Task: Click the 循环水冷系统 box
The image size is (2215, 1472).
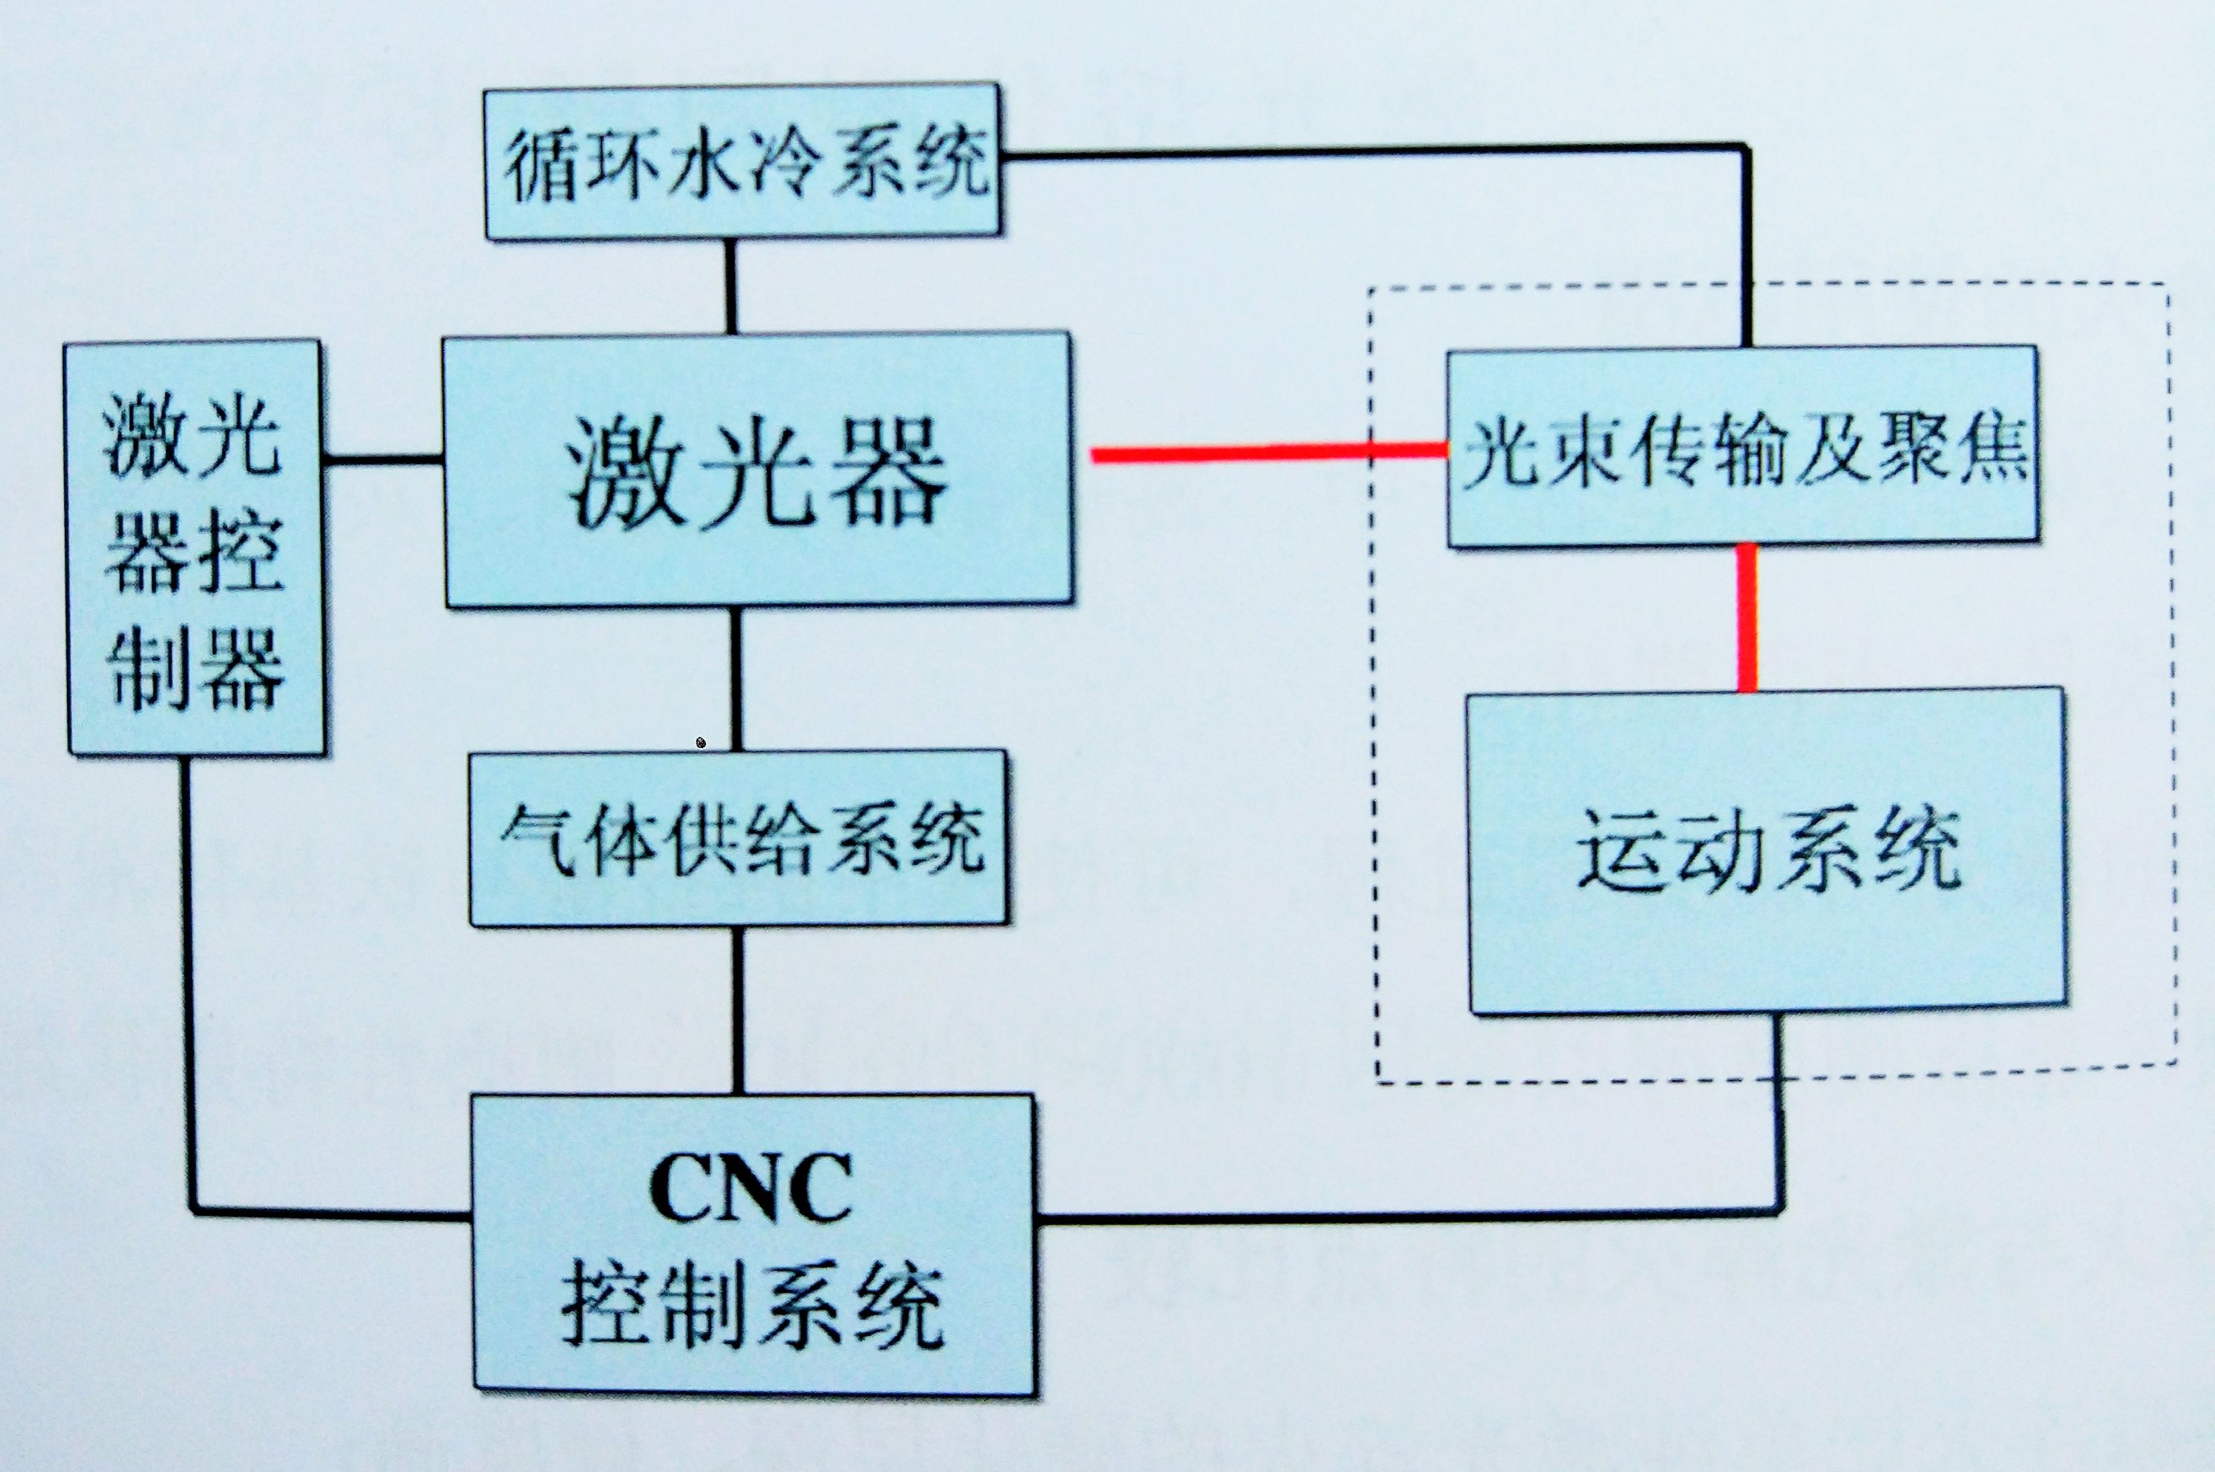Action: coord(741,161)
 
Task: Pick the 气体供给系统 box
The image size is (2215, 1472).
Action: coord(739,838)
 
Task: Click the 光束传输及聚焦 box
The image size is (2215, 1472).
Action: coord(1743,447)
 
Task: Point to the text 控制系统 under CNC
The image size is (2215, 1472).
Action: coord(752,1305)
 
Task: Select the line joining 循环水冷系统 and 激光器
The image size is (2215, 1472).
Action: coord(731,286)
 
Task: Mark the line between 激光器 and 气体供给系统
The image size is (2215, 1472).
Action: coord(736,678)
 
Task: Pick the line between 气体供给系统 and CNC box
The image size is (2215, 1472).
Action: coord(738,1010)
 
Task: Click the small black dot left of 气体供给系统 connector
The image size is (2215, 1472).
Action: coord(701,743)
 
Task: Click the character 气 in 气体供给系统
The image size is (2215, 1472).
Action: coord(537,838)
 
